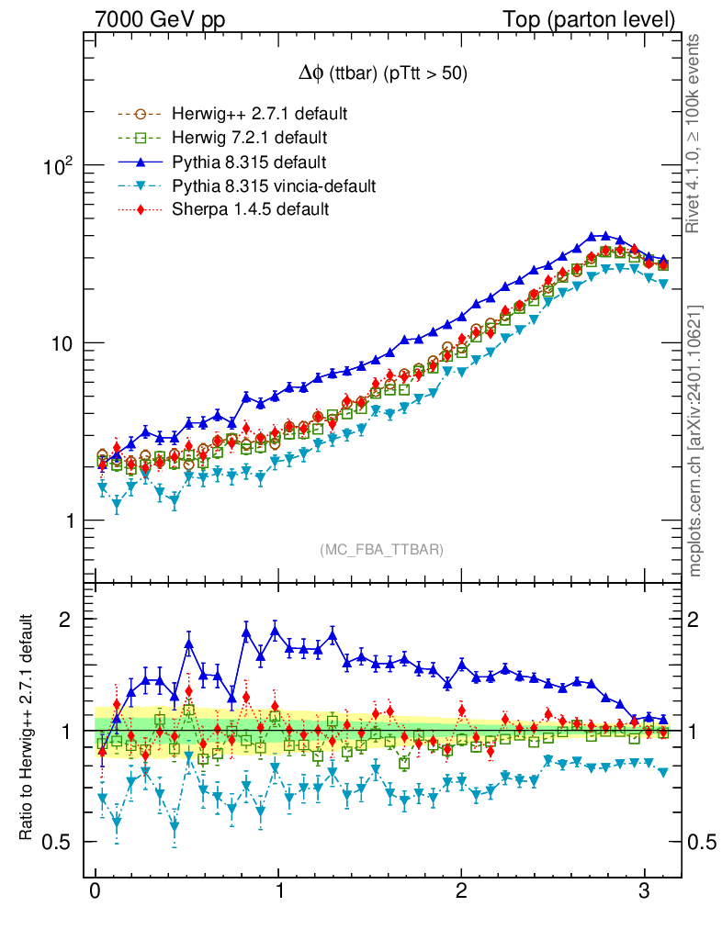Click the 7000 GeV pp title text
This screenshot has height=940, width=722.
point(161,19)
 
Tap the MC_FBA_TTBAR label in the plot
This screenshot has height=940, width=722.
point(381,550)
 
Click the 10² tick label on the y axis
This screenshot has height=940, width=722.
point(58,166)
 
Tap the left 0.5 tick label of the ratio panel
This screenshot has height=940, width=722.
point(59,842)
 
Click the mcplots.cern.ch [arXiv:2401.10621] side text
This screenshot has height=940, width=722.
point(696,441)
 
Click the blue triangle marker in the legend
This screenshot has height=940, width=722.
point(140,162)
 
